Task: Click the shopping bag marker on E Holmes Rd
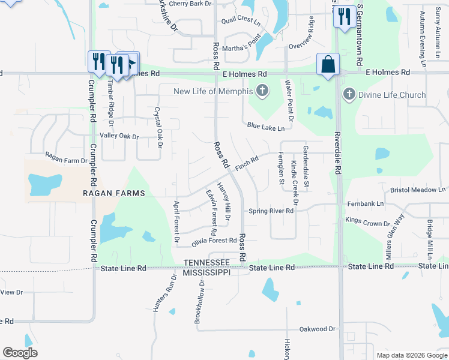coord(328,65)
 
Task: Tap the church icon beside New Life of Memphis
coord(262,91)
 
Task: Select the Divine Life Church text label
coord(393,95)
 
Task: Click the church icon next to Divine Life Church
coord(349,94)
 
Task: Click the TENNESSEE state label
coord(207,263)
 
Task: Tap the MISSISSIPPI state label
coord(207,272)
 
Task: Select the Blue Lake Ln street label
coord(266,127)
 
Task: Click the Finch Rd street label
coord(246,163)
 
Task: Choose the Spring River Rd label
coord(271,211)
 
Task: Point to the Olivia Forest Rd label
coord(214,241)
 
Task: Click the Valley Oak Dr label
coord(119,137)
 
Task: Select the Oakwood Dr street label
coord(318,329)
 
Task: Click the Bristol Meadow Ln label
coord(418,190)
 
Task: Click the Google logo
coord(20,353)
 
